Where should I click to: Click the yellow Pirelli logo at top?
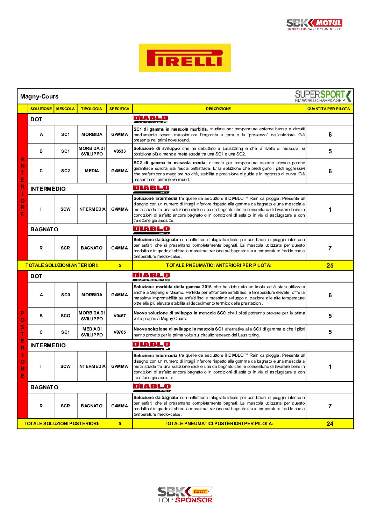[185, 58]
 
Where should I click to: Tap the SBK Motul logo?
[314, 24]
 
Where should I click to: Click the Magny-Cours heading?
[39, 96]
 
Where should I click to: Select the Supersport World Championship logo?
[323, 96]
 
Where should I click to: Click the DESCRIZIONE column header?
[218, 109]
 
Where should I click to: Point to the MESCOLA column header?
[65, 109]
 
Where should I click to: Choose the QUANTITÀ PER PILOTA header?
[328, 109]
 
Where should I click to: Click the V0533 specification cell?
[120, 151]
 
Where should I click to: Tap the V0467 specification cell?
[120, 316]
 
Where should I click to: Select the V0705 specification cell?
[120, 332]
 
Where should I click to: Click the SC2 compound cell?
[65, 171]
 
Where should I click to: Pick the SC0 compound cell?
[65, 295]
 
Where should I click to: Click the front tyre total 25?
[330, 266]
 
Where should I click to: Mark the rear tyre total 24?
[330, 424]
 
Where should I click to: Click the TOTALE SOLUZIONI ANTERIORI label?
[62, 266]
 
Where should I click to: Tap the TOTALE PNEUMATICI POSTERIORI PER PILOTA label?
[219, 424]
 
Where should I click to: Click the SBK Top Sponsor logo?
[185, 494]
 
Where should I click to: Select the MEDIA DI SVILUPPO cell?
[92, 332]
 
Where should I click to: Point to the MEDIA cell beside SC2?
[92, 171]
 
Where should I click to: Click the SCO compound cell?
[65, 316]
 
